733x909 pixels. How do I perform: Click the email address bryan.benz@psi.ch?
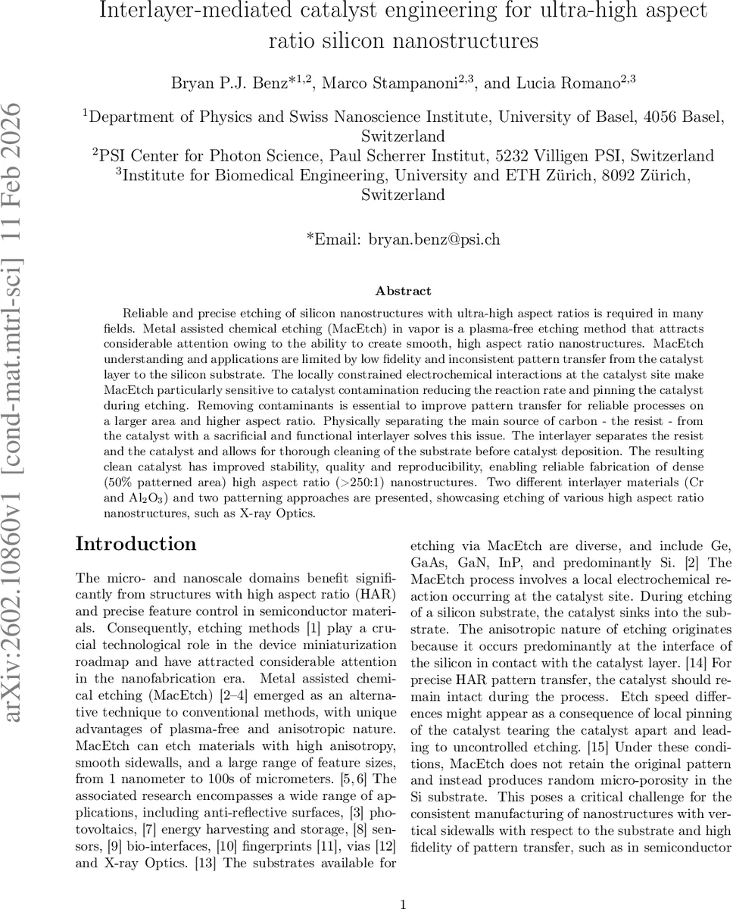(x=434, y=239)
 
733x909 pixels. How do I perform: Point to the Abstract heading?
(x=403, y=291)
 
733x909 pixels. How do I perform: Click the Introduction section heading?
(x=136, y=544)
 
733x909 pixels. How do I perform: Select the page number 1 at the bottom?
(x=403, y=882)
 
